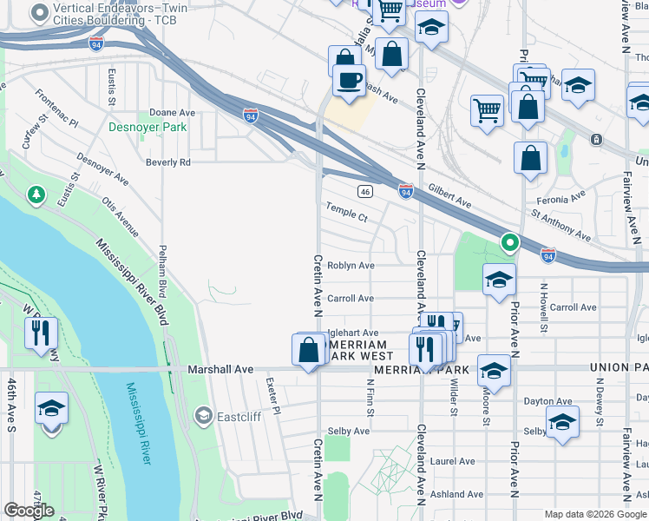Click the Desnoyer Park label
(147, 127)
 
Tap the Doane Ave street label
(172, 113)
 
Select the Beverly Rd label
(167, 162)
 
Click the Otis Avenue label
(120, 216)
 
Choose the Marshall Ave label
(220, 370)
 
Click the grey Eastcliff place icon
(203, 416)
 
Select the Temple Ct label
(346, 212)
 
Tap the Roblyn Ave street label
(351, 266)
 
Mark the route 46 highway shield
(365, 191)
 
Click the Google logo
(29, 511)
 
